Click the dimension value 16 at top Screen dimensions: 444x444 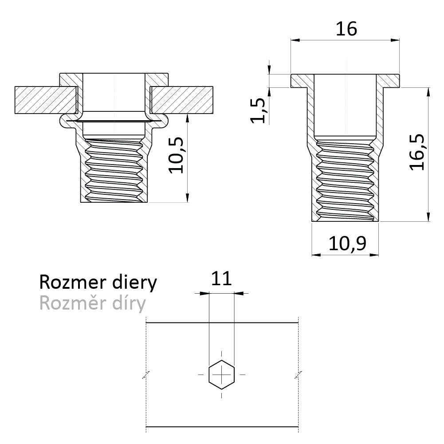pyautogui.click(x=346, y=29)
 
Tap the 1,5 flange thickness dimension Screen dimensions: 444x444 pyautogui.click(x=258, y=110)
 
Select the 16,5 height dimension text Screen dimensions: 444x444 pyautogui.click(x=417, y=152)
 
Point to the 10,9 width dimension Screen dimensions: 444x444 pyautogui.click(x=347, y=243)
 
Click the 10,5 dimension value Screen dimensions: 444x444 pyautogui.click(x=176, y=155)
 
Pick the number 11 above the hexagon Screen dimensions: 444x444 pyautogui.click(x=221, y=279)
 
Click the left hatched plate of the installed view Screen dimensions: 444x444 pyautogui.click(x=46, y=100)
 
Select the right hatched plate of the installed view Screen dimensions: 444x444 pyautogui.click(x=182, y=100)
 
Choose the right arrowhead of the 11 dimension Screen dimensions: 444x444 pyautogui.click(x=239, y=293)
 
